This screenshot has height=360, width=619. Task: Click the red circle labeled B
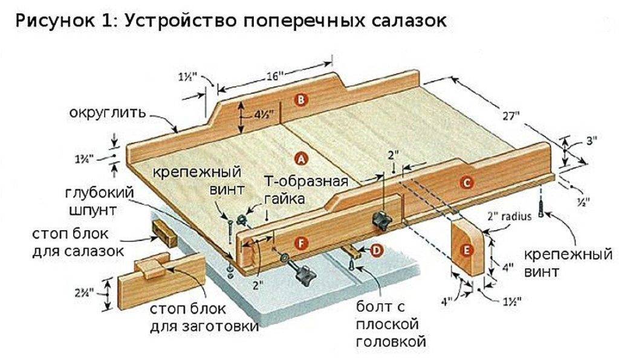tap(300, 100)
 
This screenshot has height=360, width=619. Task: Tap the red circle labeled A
tap(300, 158)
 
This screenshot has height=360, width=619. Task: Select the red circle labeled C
tap(465, 182)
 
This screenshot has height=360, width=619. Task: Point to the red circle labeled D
tap(376, 249)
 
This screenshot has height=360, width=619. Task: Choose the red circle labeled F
tap(296, 242)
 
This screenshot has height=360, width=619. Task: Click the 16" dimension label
tap(275, 77)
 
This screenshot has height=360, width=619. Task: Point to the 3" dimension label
tap(591, 140)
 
